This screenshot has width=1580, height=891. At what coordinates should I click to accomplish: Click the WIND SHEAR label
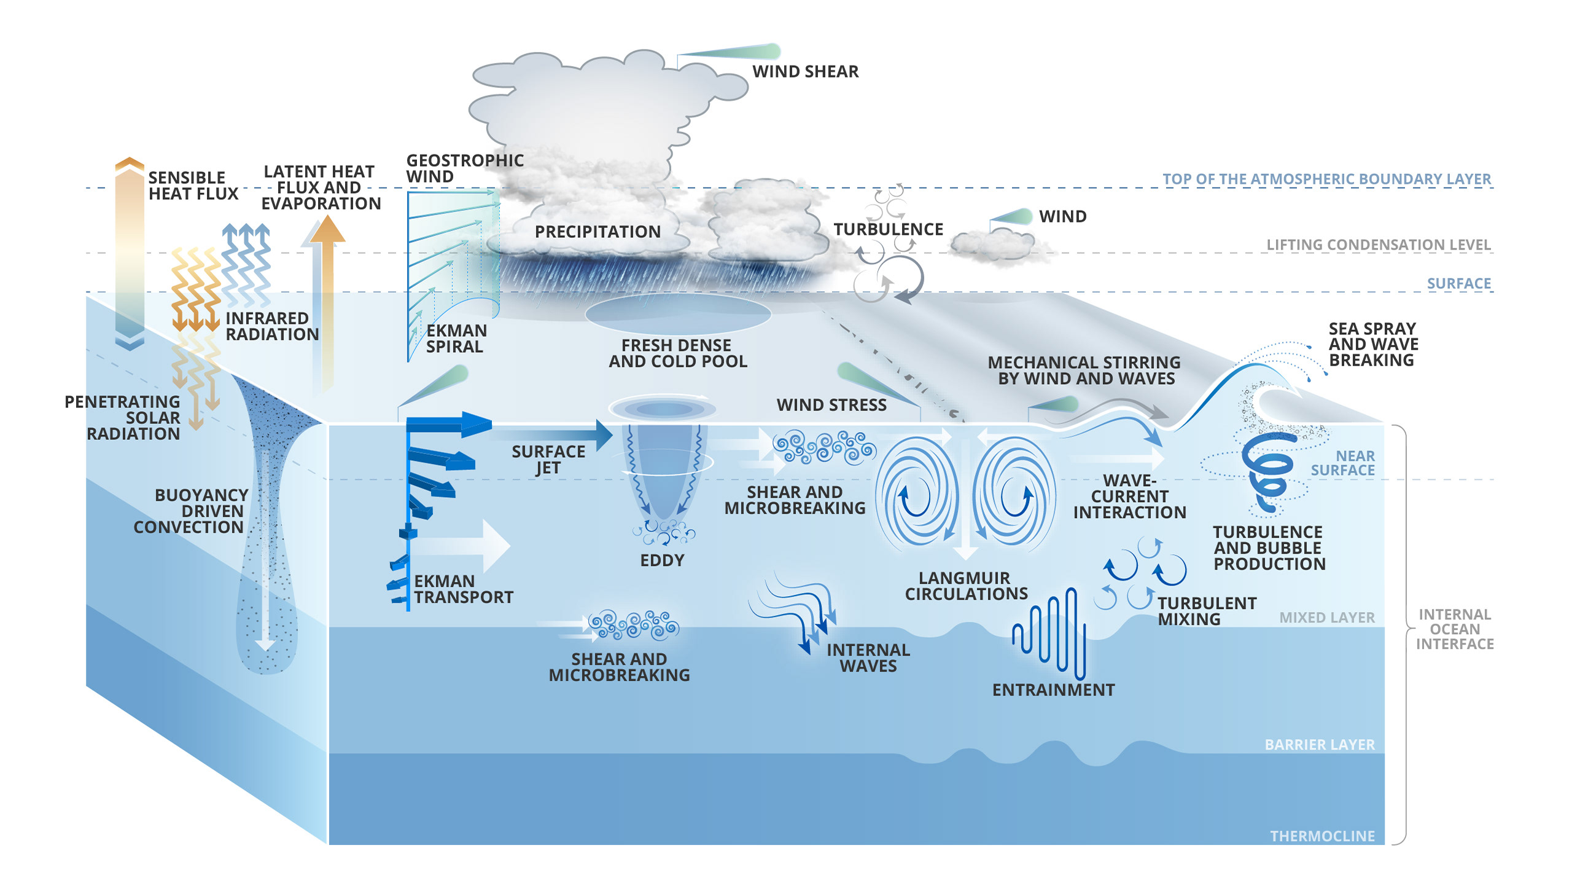point(805,72)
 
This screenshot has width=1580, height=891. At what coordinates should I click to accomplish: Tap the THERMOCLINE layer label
point(1321,836)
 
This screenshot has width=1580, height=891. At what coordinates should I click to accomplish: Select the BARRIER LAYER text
point(1319,745)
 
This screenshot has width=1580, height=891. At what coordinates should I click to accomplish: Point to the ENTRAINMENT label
point(1053,690)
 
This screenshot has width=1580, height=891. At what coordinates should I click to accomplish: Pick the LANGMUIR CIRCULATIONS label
point(966,586)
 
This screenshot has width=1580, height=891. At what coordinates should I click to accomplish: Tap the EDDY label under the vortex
point(662,560)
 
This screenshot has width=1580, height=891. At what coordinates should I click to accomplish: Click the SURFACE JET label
point(548,460)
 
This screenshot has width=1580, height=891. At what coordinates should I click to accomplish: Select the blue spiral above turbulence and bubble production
point(1268,470)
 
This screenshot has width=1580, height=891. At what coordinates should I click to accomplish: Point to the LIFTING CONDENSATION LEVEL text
point(1378,245)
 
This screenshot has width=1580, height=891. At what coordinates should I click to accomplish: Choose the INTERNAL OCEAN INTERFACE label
point(1454,629)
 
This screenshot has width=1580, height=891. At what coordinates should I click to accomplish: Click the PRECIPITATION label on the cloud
point(597,232)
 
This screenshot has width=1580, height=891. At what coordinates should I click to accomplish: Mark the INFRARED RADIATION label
point(271,326)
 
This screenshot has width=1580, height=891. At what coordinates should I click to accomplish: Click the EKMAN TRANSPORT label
point(463,589)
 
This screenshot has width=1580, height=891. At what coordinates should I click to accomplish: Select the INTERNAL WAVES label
point(868,658)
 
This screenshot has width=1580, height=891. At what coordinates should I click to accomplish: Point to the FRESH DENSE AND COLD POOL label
point(677,353)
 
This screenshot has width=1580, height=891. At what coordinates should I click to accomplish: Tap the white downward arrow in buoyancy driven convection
point(265,639)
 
